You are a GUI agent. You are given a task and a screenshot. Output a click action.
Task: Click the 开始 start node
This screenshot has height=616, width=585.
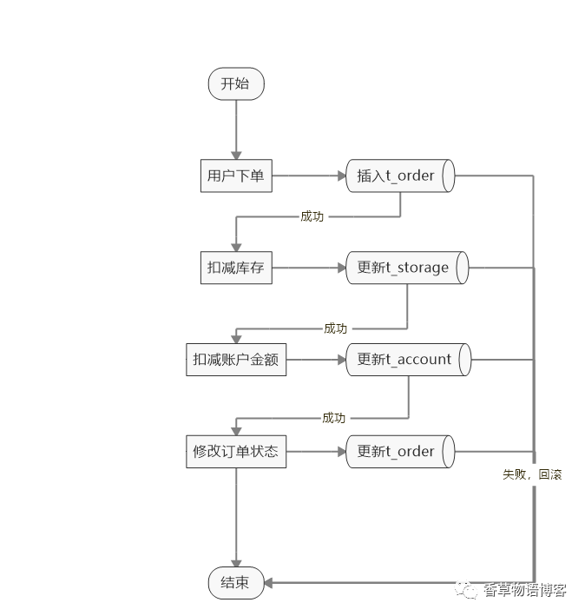[x=235, y=84]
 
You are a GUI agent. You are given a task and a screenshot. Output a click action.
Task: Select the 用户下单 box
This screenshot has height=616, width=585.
[x=235, y=176]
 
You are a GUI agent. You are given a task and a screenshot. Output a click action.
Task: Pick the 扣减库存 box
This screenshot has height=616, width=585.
[x=235, y=268]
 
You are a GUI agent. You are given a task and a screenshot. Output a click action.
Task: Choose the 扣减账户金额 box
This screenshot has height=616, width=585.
[x=235, y=360]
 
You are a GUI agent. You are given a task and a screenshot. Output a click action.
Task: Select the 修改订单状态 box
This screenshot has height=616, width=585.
[x=235, y=452]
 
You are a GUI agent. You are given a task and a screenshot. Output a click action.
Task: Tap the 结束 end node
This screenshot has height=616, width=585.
[x=235, y=583]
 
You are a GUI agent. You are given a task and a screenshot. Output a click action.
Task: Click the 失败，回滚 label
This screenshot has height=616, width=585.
[x=532, y=475]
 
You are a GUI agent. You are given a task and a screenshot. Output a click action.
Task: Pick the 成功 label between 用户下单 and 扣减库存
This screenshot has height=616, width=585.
[x=312, y=216]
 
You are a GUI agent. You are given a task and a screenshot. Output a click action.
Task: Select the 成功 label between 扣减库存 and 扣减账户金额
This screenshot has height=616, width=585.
[x=335, y=328]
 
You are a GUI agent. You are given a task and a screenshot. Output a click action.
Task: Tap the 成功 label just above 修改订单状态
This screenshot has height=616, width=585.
[x=333, y=418]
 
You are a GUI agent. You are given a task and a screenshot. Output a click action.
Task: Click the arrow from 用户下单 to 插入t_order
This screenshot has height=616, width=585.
[x=308, y=176]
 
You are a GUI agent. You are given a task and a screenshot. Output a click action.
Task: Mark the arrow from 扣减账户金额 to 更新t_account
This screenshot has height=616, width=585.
[x=316, y=360]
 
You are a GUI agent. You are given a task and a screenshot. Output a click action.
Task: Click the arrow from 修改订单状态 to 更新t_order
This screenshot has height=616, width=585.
[x=316, y=452]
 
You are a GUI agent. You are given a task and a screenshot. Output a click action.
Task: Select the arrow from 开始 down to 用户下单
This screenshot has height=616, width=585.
[x=235, y=129]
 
